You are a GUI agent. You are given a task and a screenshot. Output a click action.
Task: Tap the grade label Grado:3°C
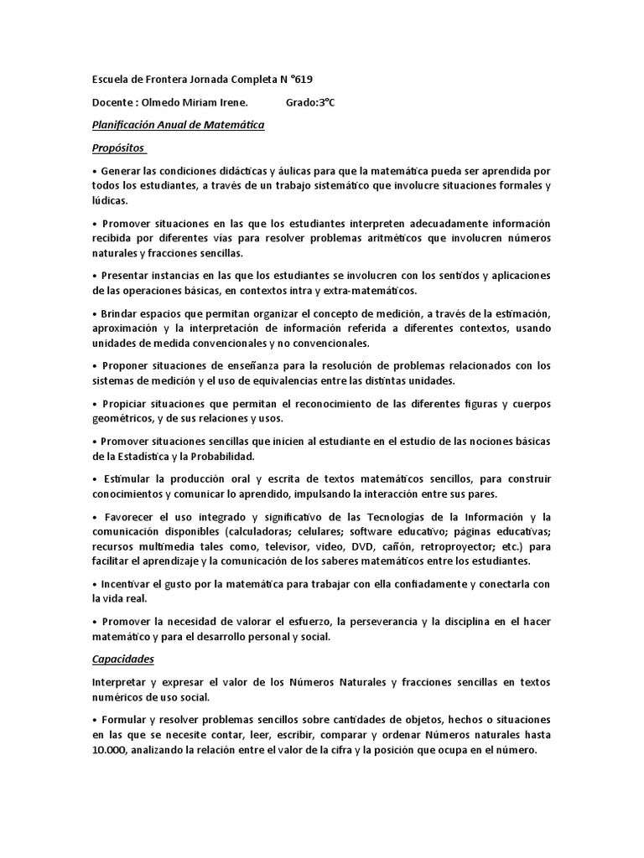click(x=309, y=103)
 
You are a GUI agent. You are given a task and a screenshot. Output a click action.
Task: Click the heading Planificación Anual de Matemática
click(x=177, y=126)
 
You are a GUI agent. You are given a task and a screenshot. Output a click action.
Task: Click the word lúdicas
click(x=109, y=201)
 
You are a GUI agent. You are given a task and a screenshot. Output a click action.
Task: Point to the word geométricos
click(x=127, y=418)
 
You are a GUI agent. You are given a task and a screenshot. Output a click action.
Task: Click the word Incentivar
click(x=127, y=584)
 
